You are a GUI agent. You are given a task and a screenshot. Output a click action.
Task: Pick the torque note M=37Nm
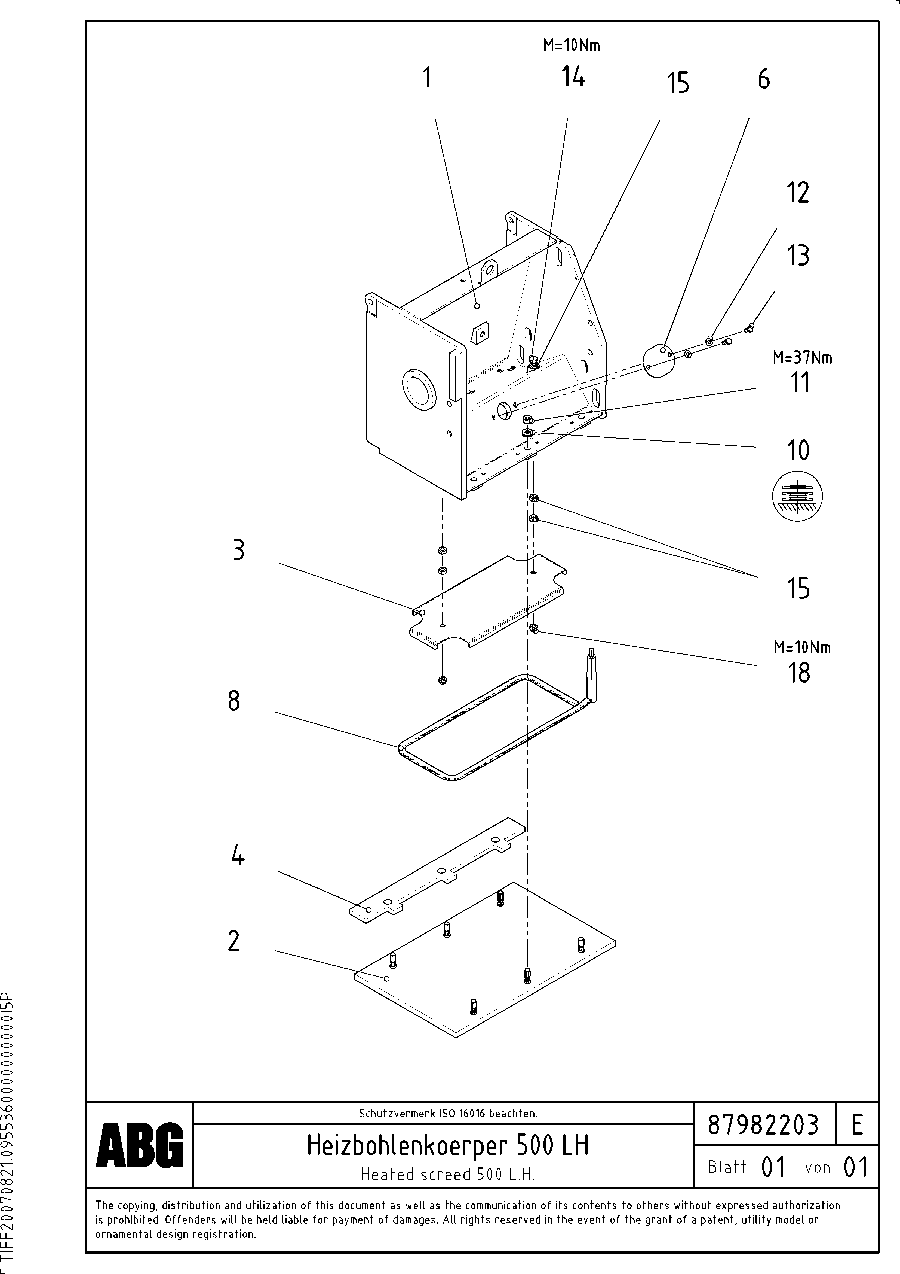(x=802, y=358)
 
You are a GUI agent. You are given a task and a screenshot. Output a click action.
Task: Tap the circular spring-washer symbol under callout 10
(x=797, y=496)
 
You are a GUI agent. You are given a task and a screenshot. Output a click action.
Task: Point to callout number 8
(x=234, y=701)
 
